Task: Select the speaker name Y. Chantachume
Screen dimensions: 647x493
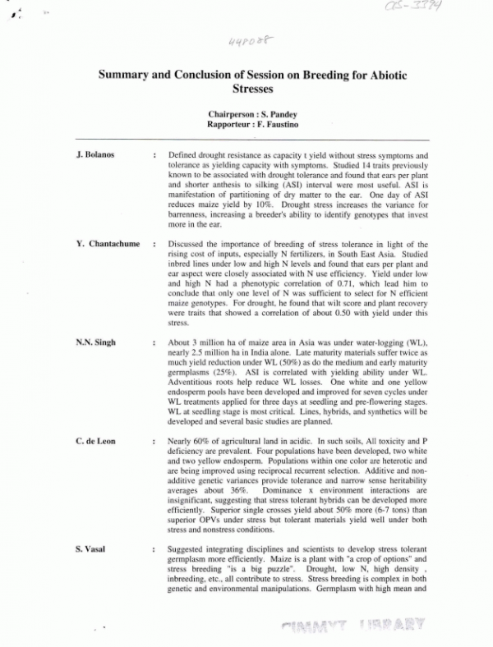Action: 104,245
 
